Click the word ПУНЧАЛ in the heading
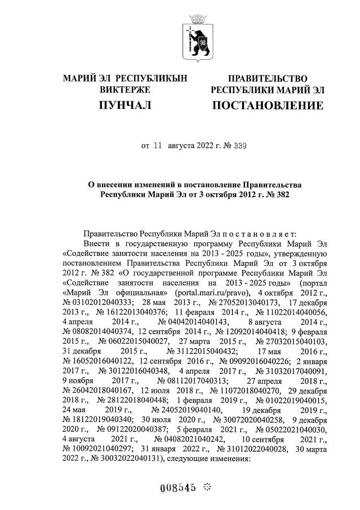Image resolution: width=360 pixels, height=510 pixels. tap(125, 105)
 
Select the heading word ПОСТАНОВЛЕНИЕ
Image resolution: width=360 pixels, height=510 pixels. tap(267, 105)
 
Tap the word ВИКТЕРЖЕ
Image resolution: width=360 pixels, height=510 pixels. tap(125, 90)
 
